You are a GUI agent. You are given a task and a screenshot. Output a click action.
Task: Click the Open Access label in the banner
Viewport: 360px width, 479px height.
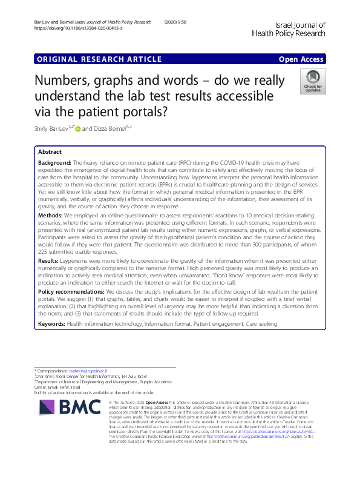click(x=301, y=59)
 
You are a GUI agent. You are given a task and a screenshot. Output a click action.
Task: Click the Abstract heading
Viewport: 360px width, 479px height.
click(x=50, y=152)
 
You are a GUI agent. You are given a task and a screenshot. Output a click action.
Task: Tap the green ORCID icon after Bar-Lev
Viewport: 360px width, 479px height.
click(x=76, y=128)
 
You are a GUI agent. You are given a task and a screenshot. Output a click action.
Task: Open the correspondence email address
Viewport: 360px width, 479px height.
click(x=87, y=370)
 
